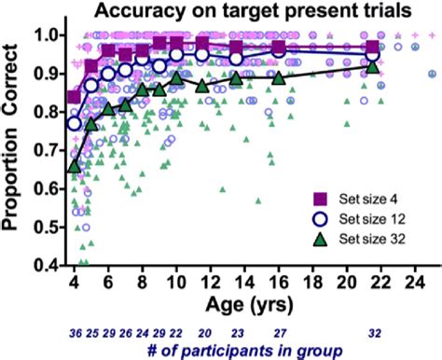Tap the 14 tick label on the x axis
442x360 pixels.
[243, 281]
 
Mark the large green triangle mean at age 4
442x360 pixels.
[75, 166]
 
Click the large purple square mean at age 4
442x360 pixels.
[75, 97]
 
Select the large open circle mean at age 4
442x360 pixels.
[75, 123]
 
